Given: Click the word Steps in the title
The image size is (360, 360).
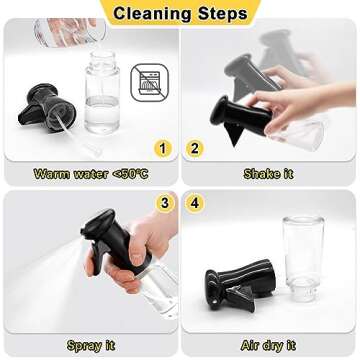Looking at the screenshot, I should pyautogui.click(x=221, y=13).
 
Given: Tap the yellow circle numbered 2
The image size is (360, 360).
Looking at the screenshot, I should pyautogui.click(x=197, y=148).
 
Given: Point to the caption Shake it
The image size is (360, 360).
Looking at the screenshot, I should pyautogui.click(x=267, y=174).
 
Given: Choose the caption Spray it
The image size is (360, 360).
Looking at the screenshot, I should pyautogui.click(x=92, y=345).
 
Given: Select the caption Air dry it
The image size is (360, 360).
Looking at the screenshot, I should pyautogui.click(x=267, y=345).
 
